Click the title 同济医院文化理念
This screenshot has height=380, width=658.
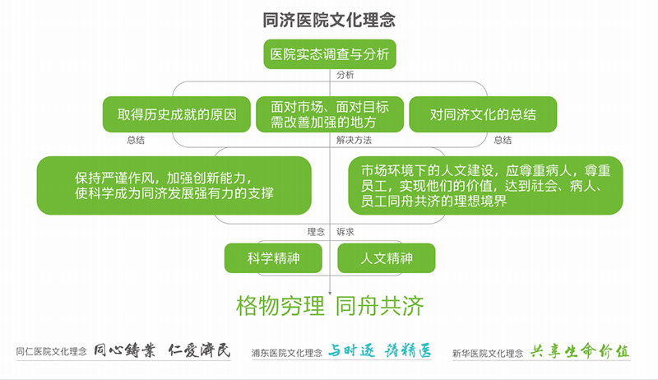coord(329,20)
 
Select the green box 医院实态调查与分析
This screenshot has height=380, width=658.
coord(330,54)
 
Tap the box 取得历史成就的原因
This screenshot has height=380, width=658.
coord(177,114)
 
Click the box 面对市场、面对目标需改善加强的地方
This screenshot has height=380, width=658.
coord(330,114)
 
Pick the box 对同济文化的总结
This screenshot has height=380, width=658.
coord(483,114)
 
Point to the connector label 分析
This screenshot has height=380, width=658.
coord(345,75)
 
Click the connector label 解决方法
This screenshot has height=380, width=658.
coord(354,140)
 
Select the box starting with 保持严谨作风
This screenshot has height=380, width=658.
coord(174,185)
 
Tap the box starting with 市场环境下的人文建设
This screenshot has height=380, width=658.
coord(485,185)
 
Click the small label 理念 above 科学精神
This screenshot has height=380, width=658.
coord(316,232)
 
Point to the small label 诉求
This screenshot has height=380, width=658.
coord(345,232)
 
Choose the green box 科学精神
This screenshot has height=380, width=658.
coord(273,258)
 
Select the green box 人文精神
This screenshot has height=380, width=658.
coord(387,258)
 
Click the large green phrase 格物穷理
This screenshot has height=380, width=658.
coord(280,306)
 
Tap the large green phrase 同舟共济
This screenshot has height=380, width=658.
coord(380,306)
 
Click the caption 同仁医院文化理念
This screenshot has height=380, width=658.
coord(52,351)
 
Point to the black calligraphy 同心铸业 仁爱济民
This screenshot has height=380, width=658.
coord(162,350)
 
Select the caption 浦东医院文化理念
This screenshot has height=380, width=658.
coord(287,353)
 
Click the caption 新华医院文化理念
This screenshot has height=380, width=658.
coord(488,354)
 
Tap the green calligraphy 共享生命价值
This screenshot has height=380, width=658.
coord(580,351)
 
